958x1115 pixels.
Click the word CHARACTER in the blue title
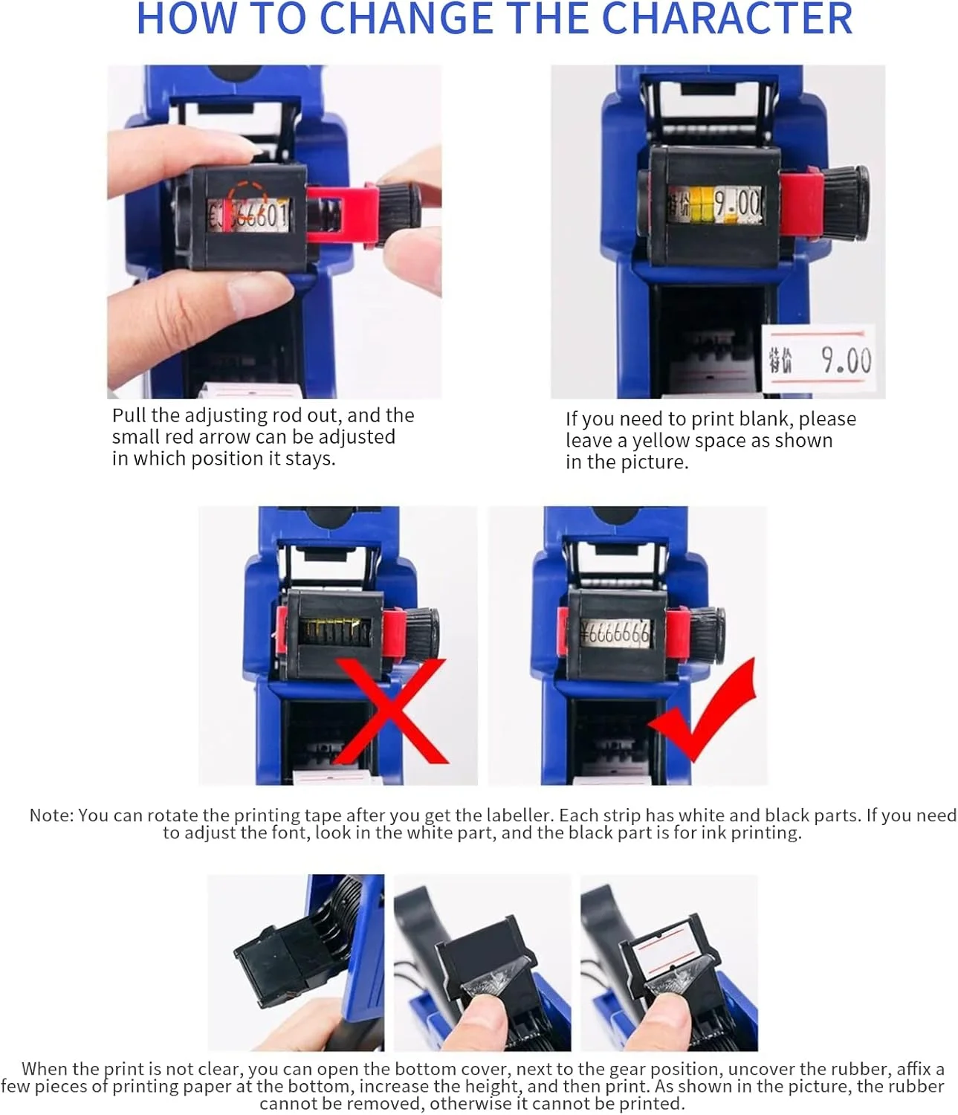[727, 19]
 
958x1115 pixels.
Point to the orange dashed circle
[247, 200]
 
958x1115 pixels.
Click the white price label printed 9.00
[818, 358]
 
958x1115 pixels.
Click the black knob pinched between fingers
[399, 207]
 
